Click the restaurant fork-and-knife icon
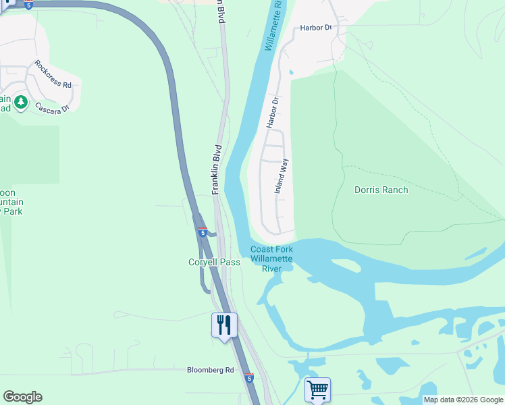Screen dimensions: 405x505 [224, 325]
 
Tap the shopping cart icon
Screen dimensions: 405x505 [317, 389]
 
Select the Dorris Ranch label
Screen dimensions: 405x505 [381, 190]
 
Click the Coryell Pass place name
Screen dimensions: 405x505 [214, 262]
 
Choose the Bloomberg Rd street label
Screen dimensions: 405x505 [210, 370]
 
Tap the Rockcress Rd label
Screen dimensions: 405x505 [53, 75]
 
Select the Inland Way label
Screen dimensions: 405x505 [282, 176]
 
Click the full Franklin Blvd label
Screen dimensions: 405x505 [217, 169]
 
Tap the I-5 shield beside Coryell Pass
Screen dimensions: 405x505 [203, 232]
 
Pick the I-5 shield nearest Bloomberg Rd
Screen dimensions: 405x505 [249, 378]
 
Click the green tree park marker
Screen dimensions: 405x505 [21, 102]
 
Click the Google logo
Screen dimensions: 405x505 [22, 397]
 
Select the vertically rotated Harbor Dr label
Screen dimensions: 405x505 [272, 113]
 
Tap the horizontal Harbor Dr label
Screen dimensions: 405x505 [319, 28]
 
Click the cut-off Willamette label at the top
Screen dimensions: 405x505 [273, 26]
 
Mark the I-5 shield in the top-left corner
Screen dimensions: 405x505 [28, 5]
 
